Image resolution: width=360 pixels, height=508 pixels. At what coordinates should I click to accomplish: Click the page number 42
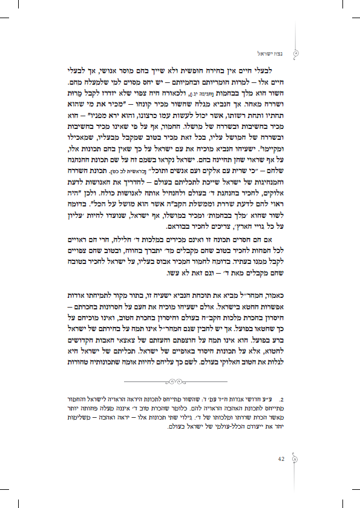point(281,458)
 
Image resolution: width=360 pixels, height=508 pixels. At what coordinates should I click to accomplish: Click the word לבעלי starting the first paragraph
point(286,70)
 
